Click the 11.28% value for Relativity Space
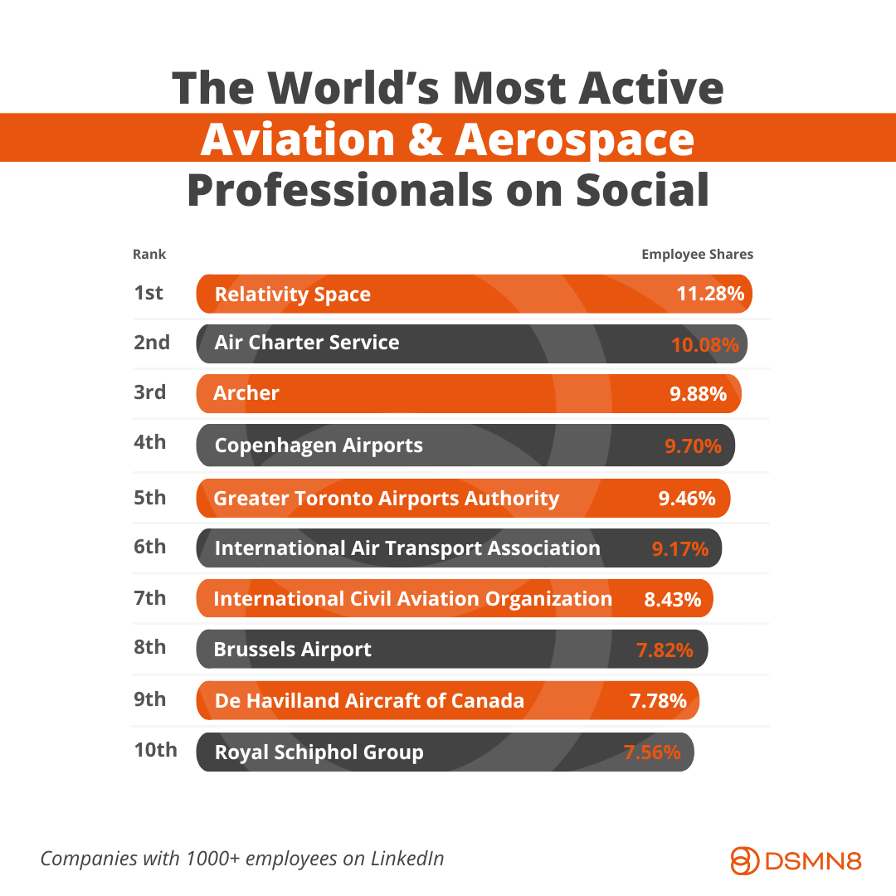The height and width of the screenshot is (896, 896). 710,294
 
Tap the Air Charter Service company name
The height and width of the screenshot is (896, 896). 306,343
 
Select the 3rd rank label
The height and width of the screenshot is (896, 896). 150,392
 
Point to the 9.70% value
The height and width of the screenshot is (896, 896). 693,446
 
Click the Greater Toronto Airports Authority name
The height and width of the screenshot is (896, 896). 386,498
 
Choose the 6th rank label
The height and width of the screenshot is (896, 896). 150,547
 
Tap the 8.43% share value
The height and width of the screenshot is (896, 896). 672,598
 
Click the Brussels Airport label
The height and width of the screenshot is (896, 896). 292,650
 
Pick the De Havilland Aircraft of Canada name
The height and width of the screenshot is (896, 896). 369,700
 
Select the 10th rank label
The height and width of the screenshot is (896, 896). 155,750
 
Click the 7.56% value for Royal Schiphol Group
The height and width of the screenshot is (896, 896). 652,752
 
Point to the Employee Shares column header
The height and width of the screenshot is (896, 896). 697,255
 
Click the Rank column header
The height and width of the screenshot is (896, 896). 149,255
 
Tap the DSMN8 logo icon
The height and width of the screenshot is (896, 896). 744,859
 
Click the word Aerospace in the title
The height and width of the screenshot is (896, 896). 574,139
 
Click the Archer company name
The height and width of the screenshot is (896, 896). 246,393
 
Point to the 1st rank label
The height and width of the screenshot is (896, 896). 149,292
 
